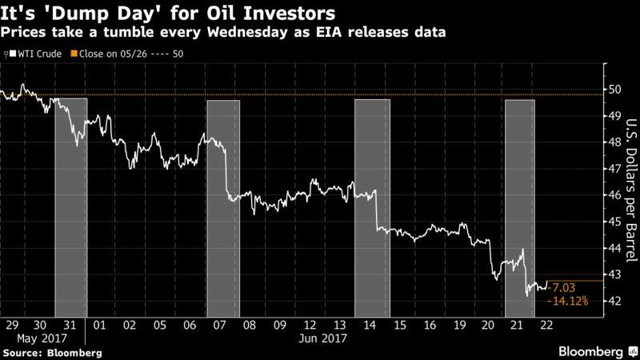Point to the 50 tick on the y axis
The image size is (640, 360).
click(x=611, y=90)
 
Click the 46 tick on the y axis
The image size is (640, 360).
click(x=611, y=195)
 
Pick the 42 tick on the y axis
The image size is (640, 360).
click(x=611, y=301)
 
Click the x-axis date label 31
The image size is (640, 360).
click(x=70, y=326)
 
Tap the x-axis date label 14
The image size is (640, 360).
click(x=370, y=326)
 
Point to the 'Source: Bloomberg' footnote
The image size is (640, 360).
click(x=51, y=352)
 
